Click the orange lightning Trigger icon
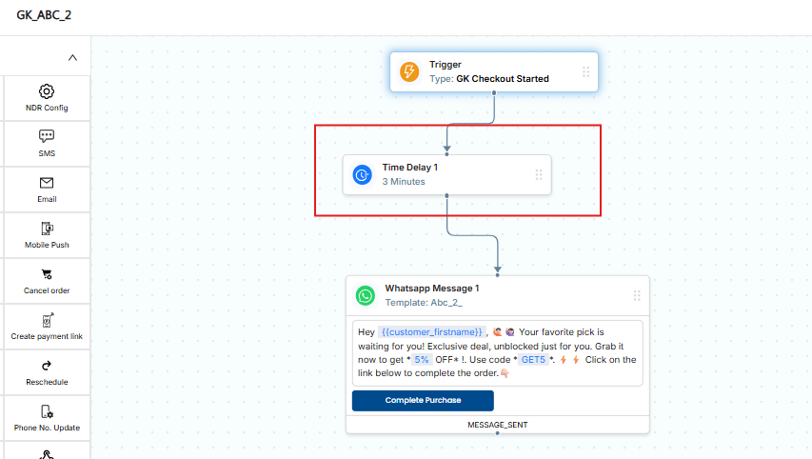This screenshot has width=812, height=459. (x=409, y=71)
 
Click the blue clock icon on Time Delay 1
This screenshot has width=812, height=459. (x=362, y=174)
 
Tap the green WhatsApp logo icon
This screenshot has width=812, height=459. (x=366, y=296)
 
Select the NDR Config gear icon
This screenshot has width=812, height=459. (x=47, y=91)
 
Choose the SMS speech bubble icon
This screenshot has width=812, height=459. (x=47, y=136)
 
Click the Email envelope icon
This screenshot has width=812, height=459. (x=47, y=182)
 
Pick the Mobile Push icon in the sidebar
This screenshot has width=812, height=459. (x=47, y=229)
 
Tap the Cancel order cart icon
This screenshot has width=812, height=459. (x=47, y=274)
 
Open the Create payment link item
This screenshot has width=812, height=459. (x=47, y=327)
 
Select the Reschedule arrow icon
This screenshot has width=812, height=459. (x=47, y=366)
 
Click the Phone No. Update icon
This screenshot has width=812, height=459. (x=47, y=411)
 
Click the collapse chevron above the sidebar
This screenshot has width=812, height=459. (x=72, y=57)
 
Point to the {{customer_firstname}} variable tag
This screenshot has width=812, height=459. (x=432, y=332)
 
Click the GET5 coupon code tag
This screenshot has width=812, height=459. (x=533, y=360)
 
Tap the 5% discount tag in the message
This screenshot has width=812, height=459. (x=422, y=360)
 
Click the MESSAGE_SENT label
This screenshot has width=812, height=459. (x=498, y=425)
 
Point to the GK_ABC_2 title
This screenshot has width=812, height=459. (x=44, y=15)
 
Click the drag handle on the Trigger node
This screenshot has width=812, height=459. (x=585, y=71)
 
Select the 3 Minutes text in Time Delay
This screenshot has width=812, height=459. (x=404, y=182)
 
